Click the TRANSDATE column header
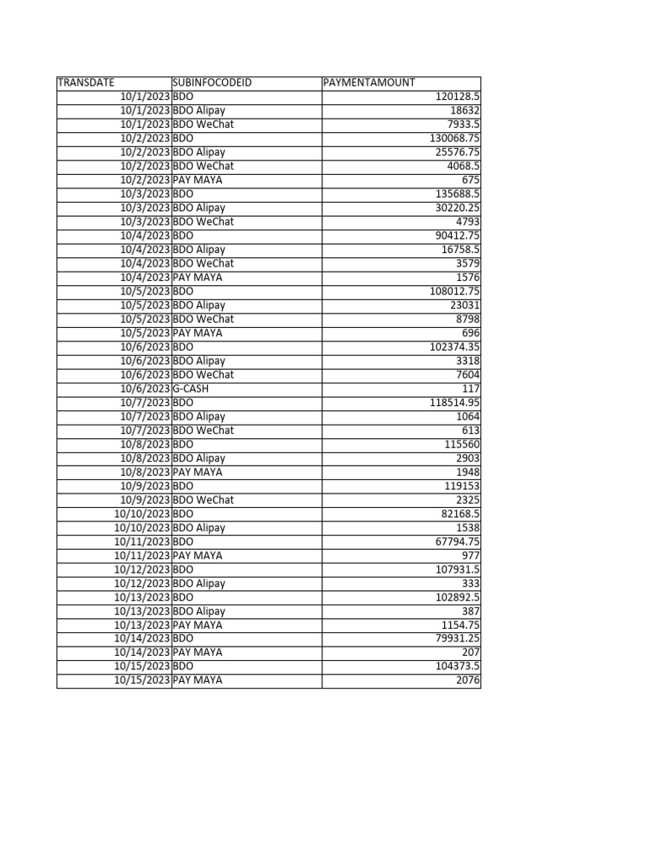[86, 82]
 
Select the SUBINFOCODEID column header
[212, 82]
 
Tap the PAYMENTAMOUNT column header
[369, 82]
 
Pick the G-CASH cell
[191, 388]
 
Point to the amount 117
[470, 388]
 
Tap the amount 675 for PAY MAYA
[470, 180]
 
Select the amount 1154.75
[460, 625]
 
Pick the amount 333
[470, 584]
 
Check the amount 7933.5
[463, 124]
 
